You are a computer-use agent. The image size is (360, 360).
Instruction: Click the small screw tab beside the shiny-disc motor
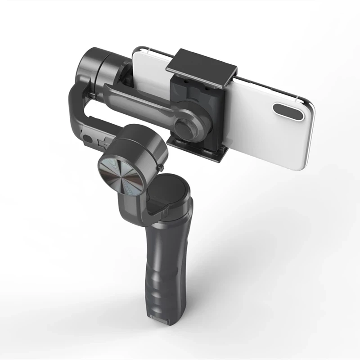tap(161, 168)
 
